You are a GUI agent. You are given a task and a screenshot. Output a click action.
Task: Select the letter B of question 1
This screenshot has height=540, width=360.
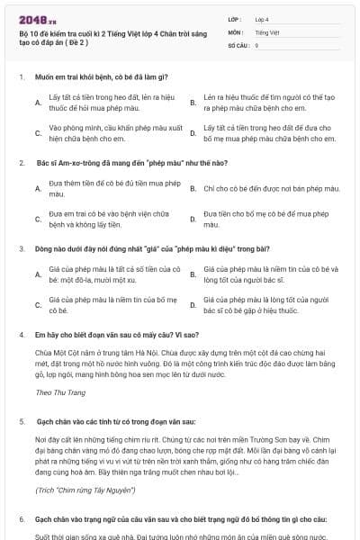(193, 102)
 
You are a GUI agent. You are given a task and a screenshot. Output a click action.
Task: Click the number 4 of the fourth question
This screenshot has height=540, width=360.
(21, 333)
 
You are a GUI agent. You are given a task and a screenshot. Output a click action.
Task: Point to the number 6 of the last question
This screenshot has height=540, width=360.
(21, 519)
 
